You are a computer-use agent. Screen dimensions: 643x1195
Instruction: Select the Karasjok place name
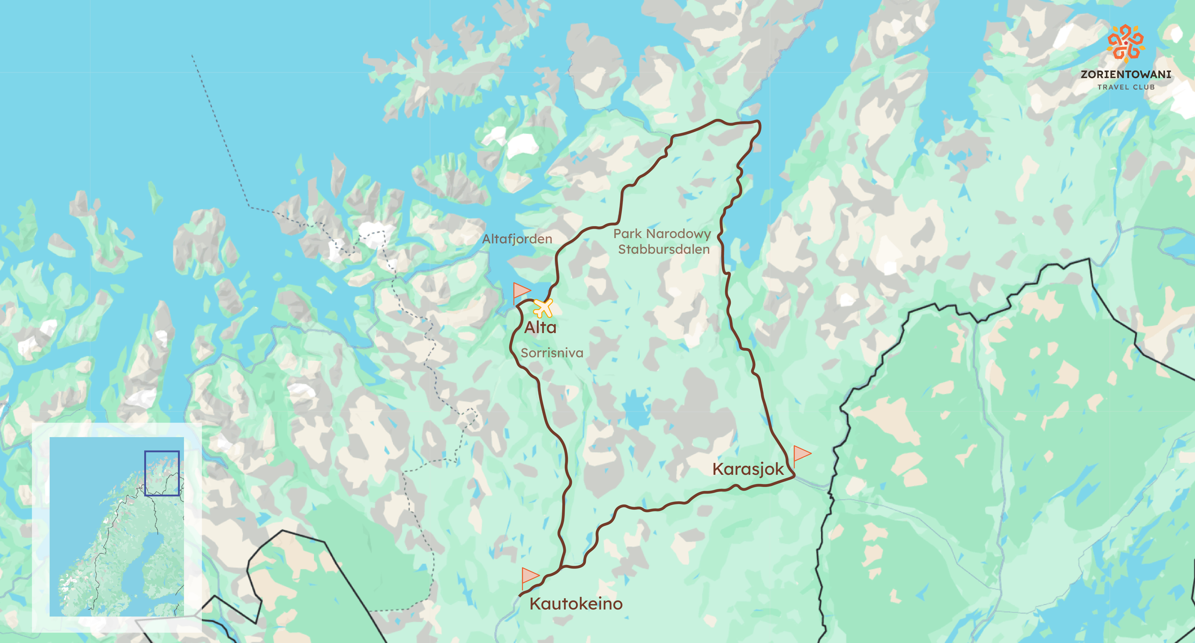pos(748,469)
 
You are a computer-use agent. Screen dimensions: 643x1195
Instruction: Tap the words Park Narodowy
pos(662,234)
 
